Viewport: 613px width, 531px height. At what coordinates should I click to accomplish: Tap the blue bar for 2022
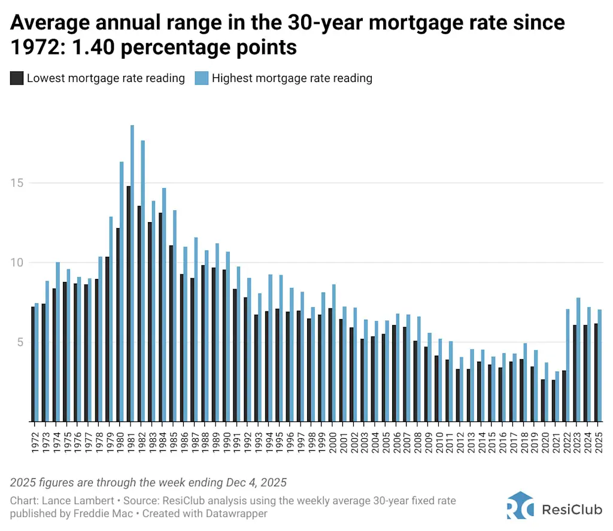click(x=568, y=365)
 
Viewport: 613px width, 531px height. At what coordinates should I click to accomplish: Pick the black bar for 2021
click(x=553, y=400)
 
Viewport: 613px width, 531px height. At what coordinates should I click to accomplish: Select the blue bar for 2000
click(x=333, y=353)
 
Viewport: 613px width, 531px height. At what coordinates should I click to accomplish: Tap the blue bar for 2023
click(x=578, y=359)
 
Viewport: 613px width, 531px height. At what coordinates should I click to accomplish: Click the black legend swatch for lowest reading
click(x=17, y=78)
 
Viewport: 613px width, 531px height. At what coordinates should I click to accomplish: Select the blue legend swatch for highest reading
click(x=201, y=78)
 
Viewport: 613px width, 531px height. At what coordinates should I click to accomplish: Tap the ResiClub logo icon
click(x=520, y=506)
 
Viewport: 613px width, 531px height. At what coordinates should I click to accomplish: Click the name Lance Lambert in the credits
click(x=67, y=500)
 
